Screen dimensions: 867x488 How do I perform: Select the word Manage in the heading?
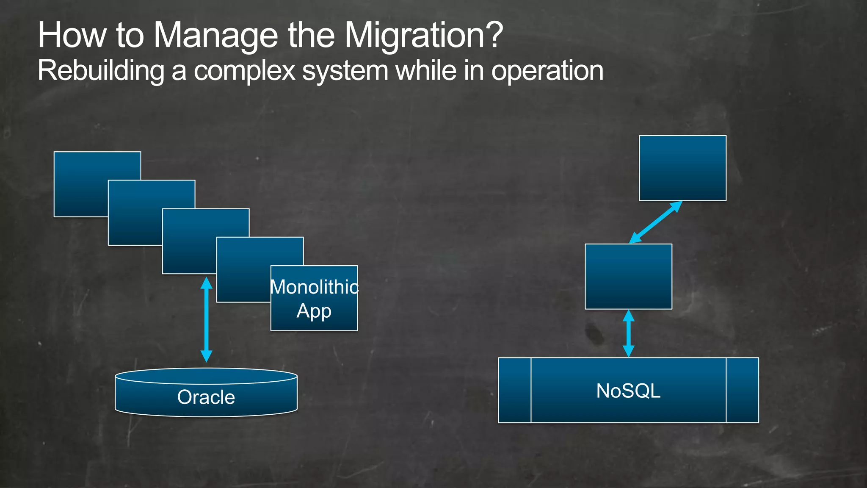tap(215, 36)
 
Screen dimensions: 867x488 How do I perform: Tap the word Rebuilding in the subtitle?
tap(101, 70)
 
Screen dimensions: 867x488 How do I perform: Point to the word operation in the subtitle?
tap(547, 71)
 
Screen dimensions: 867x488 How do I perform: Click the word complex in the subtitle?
tap(245, 71)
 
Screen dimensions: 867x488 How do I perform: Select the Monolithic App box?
tap(314, 298)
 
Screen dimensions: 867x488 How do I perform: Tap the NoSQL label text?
tap(628, 391)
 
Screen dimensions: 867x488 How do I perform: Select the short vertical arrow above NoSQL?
tap(629, 333)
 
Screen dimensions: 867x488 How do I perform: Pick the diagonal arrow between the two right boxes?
tap(656, 222)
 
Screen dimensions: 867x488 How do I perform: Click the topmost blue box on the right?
tap(682, 168)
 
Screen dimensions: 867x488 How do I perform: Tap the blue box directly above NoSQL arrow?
tap(628, 276)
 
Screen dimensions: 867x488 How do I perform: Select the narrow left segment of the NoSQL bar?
tap(514, 390)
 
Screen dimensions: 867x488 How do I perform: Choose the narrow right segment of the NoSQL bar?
tap(742, 390)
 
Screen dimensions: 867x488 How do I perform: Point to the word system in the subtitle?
tap(345, 71)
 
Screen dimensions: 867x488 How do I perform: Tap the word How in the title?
tap(72, 36)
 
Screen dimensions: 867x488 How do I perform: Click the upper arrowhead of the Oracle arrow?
tap(206, 283)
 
